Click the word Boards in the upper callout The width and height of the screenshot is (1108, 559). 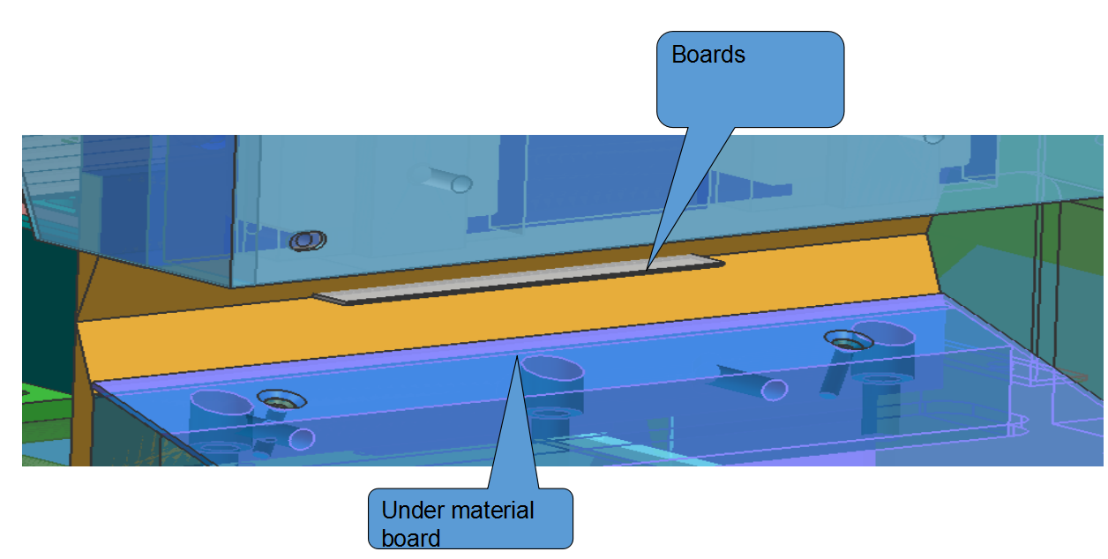(x=707, y=55)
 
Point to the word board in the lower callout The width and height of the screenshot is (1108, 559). (x=410, y=537)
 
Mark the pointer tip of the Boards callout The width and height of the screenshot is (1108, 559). (x=648, y=267)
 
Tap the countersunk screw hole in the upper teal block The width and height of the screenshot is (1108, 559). (x=307, y=240)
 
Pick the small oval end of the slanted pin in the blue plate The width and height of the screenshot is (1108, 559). (x=774, y=389)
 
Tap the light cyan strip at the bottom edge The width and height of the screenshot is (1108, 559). (x=609, y=441)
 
